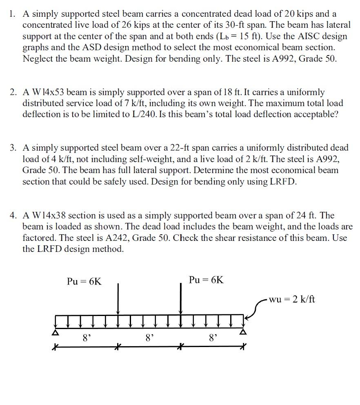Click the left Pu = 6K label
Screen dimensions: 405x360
84,281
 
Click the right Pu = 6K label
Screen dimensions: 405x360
207,280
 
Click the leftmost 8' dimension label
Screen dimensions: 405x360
86,338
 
